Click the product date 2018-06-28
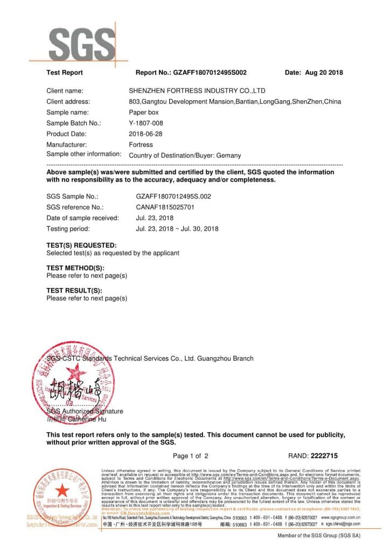click(146, 134)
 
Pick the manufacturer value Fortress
click(141, 144)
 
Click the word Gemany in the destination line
click(228, 155)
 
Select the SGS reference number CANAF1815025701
click(165, 207)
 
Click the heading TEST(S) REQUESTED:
click(81, 245)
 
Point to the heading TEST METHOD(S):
click(75, 268)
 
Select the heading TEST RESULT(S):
click(74, 291)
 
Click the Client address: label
click(68, 101)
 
